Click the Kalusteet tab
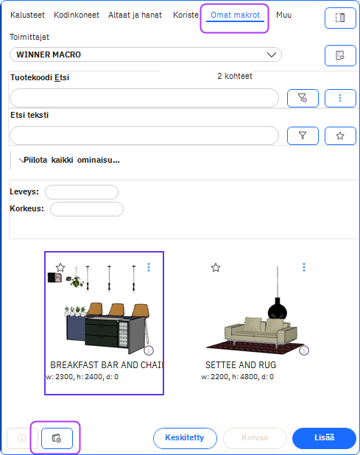point(27,15)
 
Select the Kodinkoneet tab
point(77,15)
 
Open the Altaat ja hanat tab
point(135,15)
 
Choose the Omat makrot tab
point(235,15)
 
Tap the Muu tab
point(283,15)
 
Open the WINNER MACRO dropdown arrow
point(272,54)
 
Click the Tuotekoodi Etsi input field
point(144,98)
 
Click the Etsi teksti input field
point(144,135)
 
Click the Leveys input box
point(82,192)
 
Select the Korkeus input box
point(87,209)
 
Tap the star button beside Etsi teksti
point(340,135)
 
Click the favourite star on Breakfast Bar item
point(60,267)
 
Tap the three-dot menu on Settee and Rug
point(304,267)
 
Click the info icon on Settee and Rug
point(304,350)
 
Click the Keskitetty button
point(185,438)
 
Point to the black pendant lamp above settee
point(278,308)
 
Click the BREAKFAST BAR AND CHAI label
point(107,364)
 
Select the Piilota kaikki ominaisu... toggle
point(69,161)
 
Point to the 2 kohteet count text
point(235,76)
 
